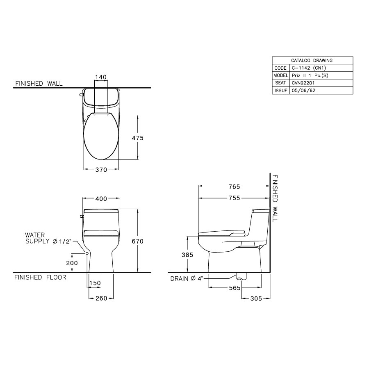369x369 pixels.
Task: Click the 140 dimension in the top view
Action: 100,77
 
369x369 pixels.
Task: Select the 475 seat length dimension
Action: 137,138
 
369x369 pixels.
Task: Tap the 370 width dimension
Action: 101,170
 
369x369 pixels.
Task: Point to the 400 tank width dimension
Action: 101,199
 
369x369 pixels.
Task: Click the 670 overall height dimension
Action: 137,242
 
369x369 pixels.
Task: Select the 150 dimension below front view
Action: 95,283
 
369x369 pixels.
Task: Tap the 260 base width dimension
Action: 101,298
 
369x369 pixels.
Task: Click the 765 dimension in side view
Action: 234,187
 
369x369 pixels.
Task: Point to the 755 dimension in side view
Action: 234,198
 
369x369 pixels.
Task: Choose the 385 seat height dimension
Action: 187,255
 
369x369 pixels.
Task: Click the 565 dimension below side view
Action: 235,288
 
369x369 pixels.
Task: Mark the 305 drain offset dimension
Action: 255,299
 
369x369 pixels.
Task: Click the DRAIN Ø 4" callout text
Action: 187,279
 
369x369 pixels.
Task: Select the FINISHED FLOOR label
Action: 40,278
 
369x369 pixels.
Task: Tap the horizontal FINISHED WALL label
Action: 39,84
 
